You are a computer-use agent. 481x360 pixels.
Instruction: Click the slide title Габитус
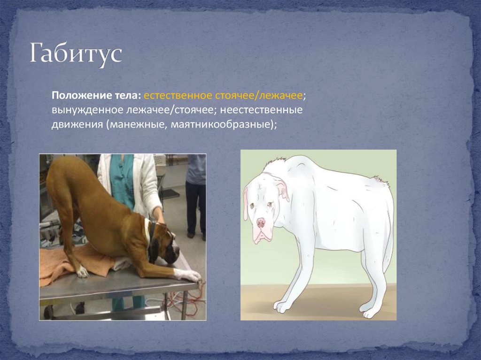[x=76, y=54]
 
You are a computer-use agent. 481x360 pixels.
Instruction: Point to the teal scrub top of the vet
[x=124, y=181]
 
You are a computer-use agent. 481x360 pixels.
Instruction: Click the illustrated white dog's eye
[x=271, y=204]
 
